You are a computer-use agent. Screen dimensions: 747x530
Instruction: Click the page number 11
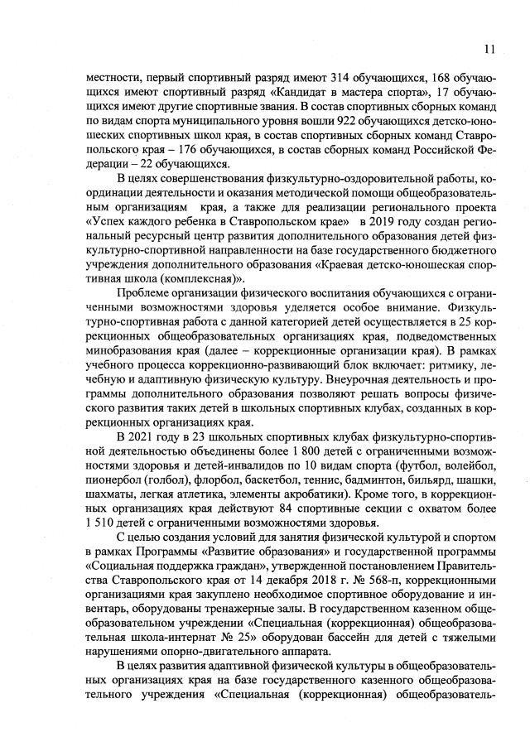pyautogui.click(x=490, y=47)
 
